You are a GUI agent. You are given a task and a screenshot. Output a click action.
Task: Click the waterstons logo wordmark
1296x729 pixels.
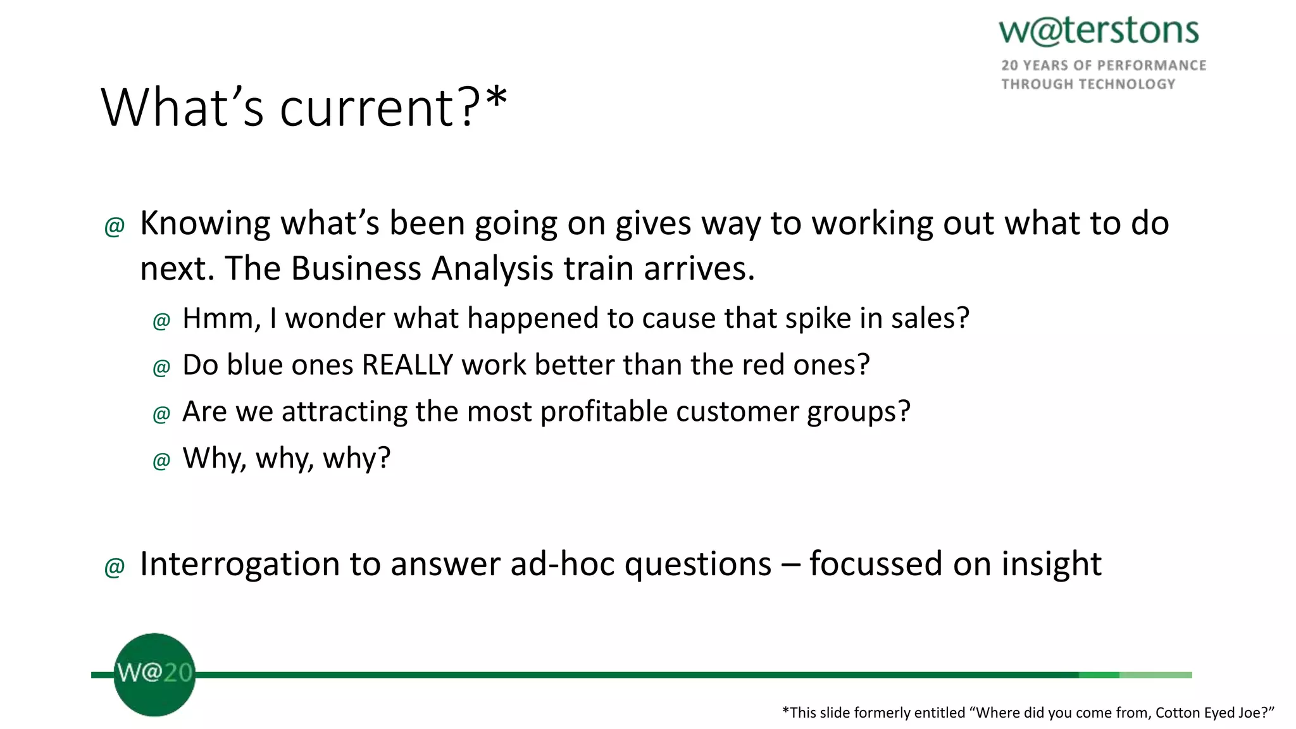coord(1099,32)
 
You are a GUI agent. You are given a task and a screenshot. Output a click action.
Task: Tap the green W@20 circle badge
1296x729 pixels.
coord(154,675)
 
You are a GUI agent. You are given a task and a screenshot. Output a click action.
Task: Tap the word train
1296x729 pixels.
coord(599,268)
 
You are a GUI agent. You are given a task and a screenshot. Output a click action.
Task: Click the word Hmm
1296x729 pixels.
coord(220,318)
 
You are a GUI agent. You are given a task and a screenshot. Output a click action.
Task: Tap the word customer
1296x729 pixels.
coord(737,411)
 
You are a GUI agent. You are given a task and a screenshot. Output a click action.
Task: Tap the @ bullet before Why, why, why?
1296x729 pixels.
coord(161,460)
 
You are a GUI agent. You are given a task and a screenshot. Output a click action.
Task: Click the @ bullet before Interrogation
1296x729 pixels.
coord(114,566)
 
